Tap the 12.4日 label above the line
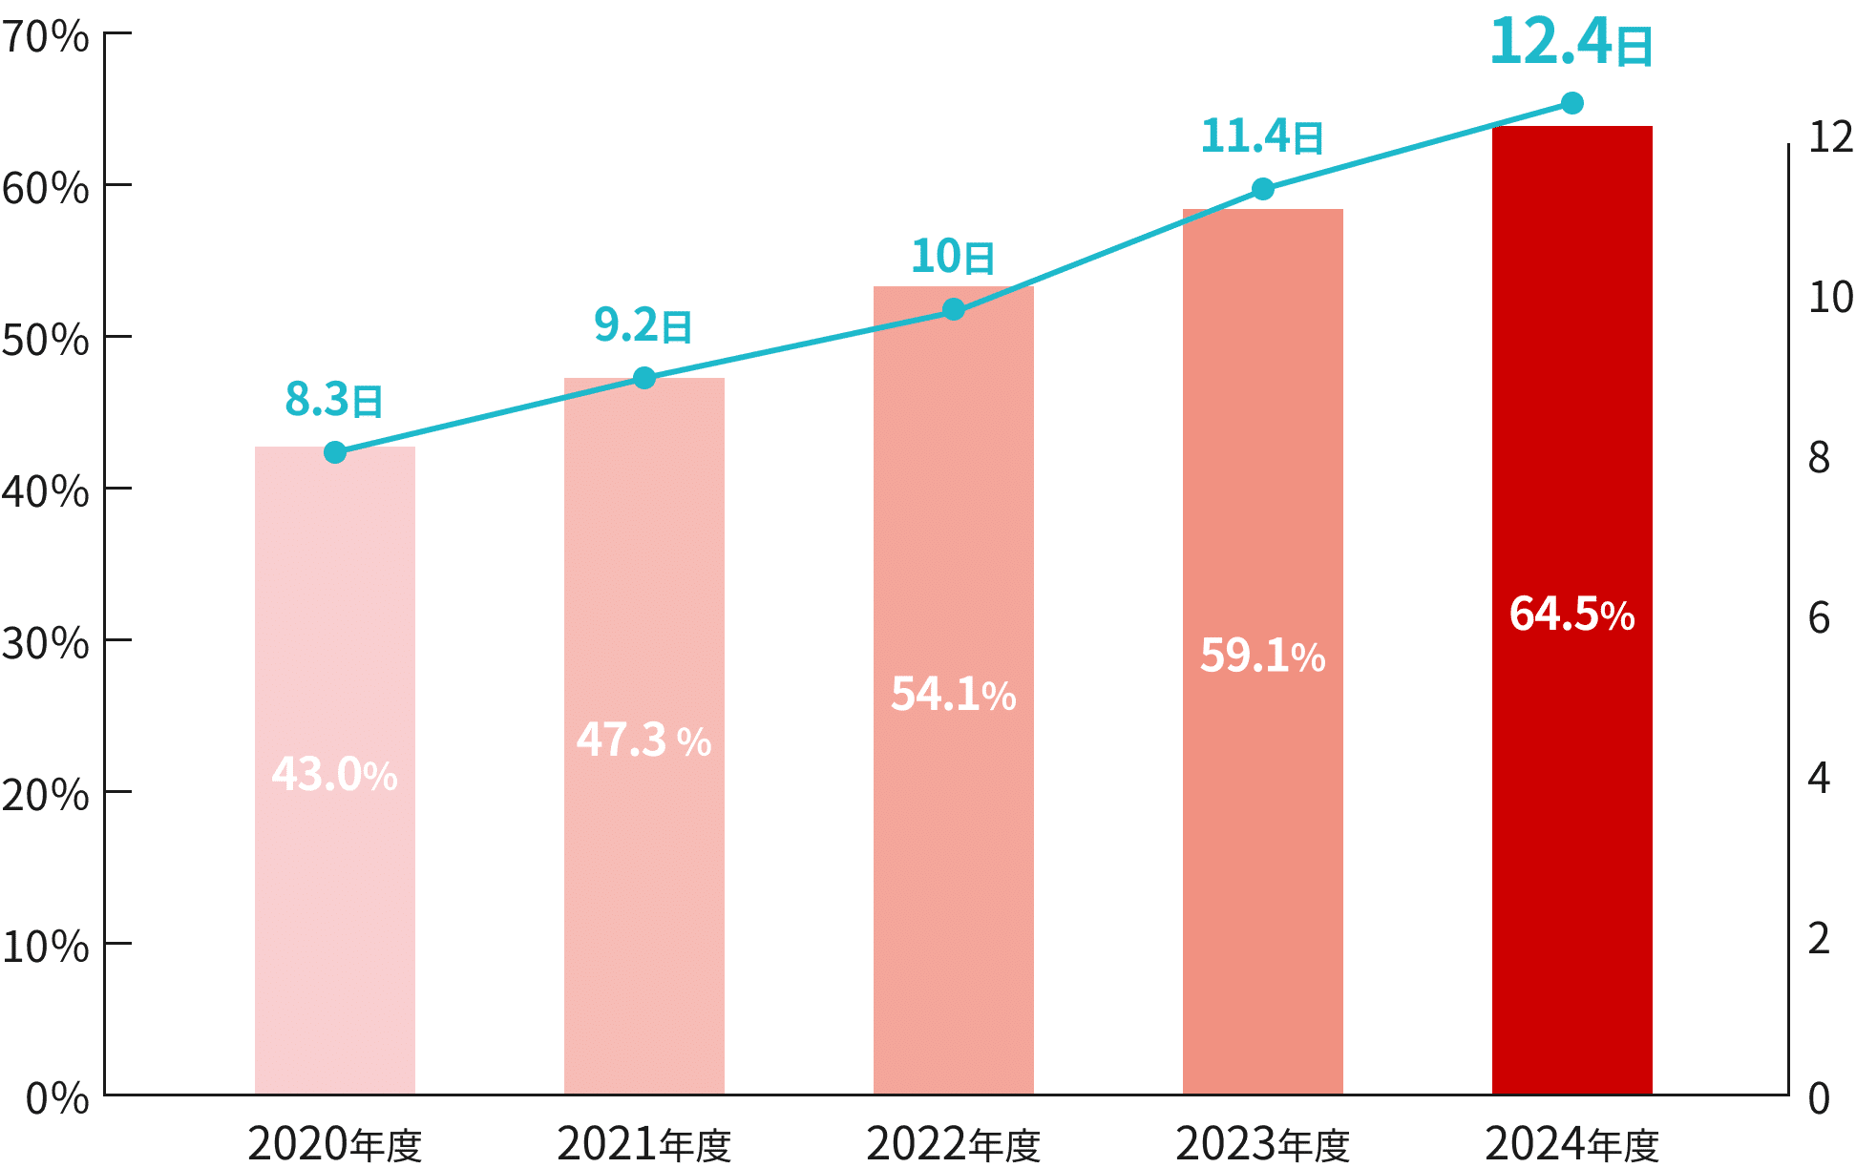(1571, 44)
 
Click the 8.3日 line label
(334, 400)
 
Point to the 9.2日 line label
(643, 325)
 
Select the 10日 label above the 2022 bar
(952, 257)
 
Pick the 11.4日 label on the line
(1261, 136)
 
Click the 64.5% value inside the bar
(1571, 614)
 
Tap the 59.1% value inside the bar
(1262, 657)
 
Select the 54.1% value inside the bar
(953, 695)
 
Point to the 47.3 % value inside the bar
(643, 740)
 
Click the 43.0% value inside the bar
(334, 775)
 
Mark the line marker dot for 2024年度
(1572, 103)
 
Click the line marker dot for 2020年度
(335, 452)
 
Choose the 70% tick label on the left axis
(46, 38)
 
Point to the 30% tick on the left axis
(46, 645)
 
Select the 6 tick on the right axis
(1819, 618)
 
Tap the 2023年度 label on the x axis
(1262, 1144)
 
